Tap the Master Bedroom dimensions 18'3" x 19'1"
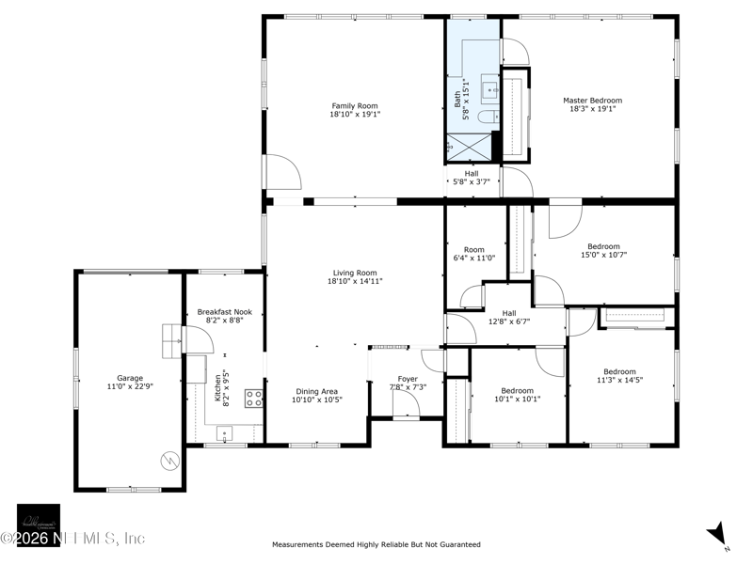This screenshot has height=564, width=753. [592, 109]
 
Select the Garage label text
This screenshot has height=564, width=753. [130, 378]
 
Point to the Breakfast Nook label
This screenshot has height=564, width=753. [224, 311]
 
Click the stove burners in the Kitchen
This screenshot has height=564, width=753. [253, 398]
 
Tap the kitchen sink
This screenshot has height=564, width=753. [224, 433]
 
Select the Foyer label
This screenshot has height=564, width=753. [408, 379]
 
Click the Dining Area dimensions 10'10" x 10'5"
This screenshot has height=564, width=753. [316, 400]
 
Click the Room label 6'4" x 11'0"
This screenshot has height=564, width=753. [473, 250]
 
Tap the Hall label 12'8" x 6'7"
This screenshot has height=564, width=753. [509, 313]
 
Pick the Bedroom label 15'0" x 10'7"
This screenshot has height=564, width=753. [603, 246]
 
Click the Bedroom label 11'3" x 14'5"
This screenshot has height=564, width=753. [619, 371]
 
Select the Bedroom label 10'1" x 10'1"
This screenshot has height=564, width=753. [517, 391]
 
